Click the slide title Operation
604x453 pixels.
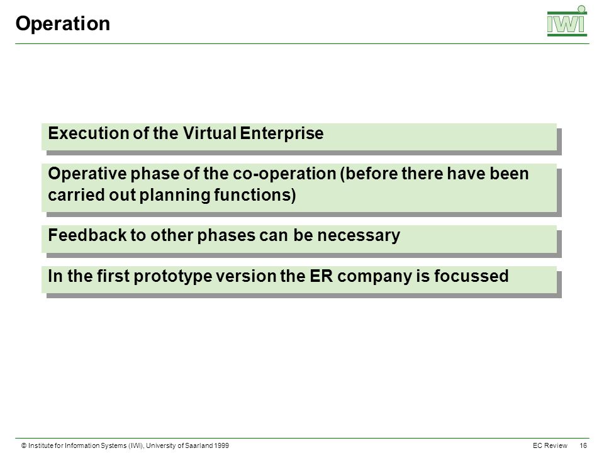[63, 24]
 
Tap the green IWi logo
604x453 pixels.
[567, 21]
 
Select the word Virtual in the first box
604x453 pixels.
[210, 133]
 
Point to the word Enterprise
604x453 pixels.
[282, 133]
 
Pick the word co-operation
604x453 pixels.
[284, 174]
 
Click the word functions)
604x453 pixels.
[255, 195]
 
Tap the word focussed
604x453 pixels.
[471, 276]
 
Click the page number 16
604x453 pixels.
[583, 445]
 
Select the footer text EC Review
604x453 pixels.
[550, 445]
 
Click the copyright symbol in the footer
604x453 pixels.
[24, 445]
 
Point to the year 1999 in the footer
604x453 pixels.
[221, 445]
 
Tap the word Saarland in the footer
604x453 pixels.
[199, 445]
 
